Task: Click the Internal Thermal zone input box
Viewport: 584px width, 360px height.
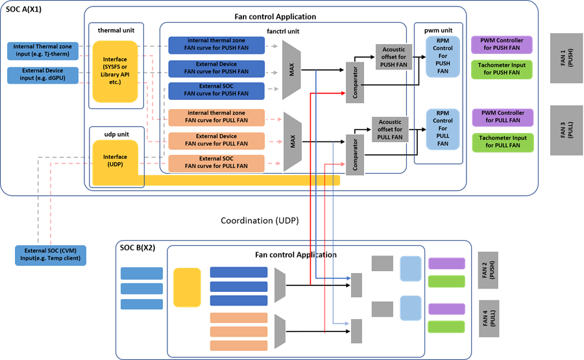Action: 43,50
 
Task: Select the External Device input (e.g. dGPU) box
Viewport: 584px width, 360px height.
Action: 43,75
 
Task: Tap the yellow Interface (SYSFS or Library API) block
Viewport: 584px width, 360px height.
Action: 115,71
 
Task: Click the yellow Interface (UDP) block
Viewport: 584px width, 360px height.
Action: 115,161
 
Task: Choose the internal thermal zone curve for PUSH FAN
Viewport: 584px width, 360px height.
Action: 216,45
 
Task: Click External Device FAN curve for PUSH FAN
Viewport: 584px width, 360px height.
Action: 216,68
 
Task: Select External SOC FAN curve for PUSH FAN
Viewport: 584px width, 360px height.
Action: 216,90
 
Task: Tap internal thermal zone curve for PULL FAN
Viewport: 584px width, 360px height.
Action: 216,117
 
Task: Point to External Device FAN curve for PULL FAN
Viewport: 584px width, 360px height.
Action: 216,140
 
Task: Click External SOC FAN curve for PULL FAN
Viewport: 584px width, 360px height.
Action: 216,162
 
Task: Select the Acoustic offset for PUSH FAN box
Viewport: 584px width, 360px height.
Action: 393,57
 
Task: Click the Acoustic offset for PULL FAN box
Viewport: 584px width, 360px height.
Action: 390,128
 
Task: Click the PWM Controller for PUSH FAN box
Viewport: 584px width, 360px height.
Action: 502,45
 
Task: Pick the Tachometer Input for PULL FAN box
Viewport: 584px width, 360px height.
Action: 502,142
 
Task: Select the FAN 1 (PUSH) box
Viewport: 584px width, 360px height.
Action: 566,58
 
